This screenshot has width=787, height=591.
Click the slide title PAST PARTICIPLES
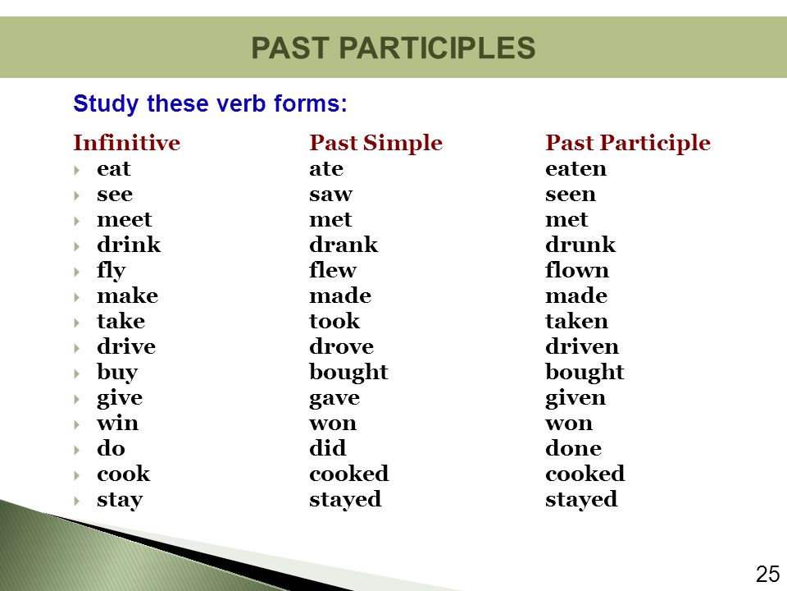click(393, 48)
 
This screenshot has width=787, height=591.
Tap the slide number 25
click(767, 574)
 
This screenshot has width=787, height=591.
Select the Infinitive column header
click(126, 143)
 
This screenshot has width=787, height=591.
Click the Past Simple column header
click(376, 143)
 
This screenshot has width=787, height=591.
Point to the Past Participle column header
click(628, 143)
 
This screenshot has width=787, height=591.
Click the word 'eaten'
click(575, 169)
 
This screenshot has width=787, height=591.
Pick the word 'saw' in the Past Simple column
click(330, 195)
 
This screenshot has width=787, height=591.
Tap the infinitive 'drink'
click(129, 245)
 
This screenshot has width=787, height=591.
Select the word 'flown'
click(576, 270)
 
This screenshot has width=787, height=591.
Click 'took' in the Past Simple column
click(334, 321)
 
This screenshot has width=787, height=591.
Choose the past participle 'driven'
click(582, 346)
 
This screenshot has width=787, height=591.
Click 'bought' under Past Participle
click(585, 373)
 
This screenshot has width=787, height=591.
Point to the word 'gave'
click(334, 399)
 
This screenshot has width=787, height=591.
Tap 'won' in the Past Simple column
click(333, 424)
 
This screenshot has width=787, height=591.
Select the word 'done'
click(573, 448)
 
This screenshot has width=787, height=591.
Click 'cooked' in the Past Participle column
click(585, 474)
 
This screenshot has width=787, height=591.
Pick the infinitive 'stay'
click(120, 500)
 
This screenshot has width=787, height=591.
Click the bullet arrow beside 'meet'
click(77, 221)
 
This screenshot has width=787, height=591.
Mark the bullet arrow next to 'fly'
click(77, 272)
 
